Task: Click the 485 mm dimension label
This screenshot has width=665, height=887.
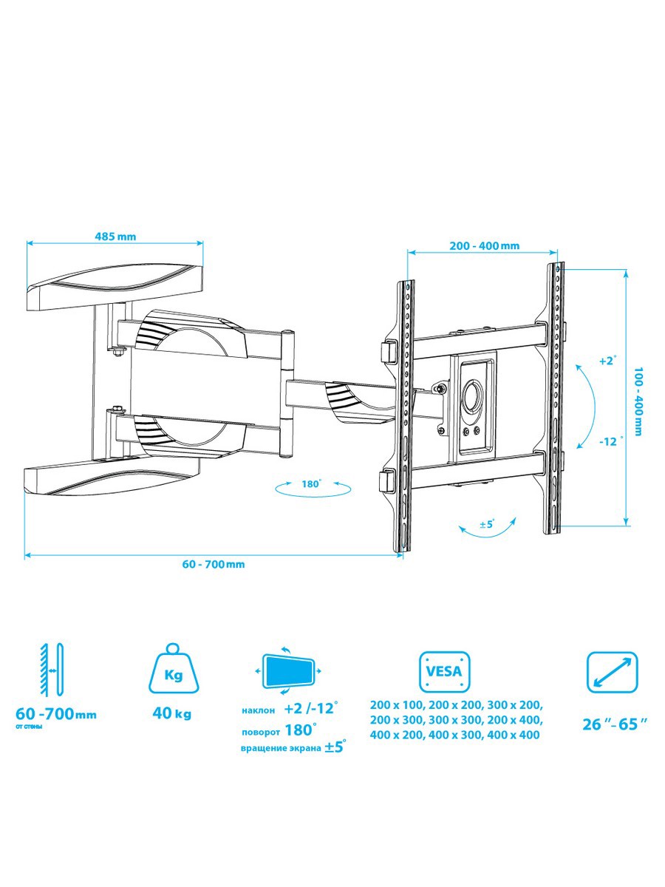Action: click(x=115, y=236)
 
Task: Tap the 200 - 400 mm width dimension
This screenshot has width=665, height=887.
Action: click(x=485, y=245)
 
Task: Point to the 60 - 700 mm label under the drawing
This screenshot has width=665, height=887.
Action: click(x=214, y=564)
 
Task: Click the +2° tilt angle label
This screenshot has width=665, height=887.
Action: click(x=608, y=361)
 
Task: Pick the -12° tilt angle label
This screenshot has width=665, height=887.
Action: click(x=609, y=441)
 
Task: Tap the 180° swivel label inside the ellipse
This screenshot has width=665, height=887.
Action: click(x=311, y=483)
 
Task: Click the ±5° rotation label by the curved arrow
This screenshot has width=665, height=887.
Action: click(x=488, y=525)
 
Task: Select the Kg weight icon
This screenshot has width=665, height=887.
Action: click(x=174, y=674)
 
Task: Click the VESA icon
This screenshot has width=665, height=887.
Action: click(x=445, y=671)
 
